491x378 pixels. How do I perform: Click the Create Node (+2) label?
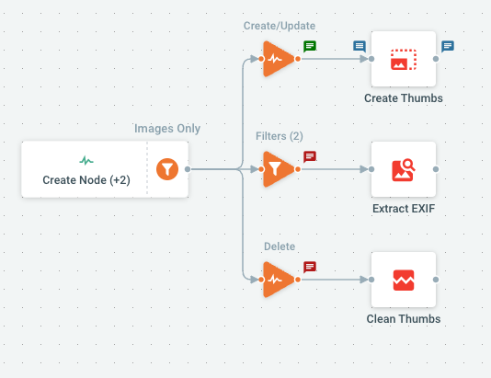click(86, 180)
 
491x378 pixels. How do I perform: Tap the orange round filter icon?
click(167, 169)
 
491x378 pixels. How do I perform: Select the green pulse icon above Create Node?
click(86, 161)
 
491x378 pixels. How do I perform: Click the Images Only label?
click(167, 129)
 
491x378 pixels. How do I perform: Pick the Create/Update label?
click(280, 26)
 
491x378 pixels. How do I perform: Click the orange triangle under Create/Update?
click(278, 59)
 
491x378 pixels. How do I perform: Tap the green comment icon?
click(310, 46)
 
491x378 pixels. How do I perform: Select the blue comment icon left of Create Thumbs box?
click(360, 46)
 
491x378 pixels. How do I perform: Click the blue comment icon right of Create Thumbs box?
click(448, 46)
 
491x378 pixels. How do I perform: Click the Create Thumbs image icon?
click(404, 59)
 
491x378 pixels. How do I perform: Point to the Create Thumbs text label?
click(404, 98)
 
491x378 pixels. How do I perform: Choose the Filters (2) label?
click(280, 136)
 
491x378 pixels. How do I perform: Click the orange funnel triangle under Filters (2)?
click(278, 169)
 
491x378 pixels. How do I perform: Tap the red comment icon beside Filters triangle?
click(310, 156)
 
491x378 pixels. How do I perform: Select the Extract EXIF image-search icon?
click(404, 170)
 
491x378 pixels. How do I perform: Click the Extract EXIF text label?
click(404, 209)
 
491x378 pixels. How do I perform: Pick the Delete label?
click(280, 246)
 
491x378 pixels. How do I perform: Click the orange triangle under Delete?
click(278, 280)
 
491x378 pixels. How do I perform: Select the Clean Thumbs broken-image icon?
click(404, 280)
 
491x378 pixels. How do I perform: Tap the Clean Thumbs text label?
click(404, 319)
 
